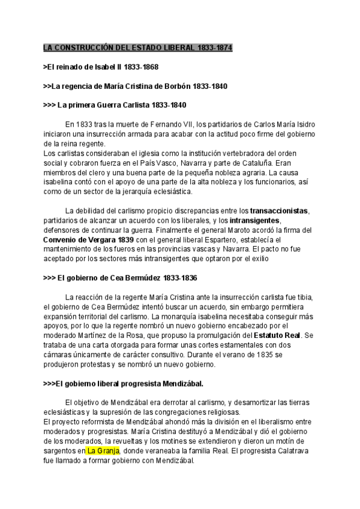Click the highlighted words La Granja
coord(103,451)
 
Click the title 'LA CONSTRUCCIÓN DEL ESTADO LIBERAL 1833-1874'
coord(138,47)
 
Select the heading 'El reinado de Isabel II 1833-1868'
coord(101,67)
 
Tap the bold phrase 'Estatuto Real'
coord(275,336)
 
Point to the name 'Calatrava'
coord(282,451)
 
